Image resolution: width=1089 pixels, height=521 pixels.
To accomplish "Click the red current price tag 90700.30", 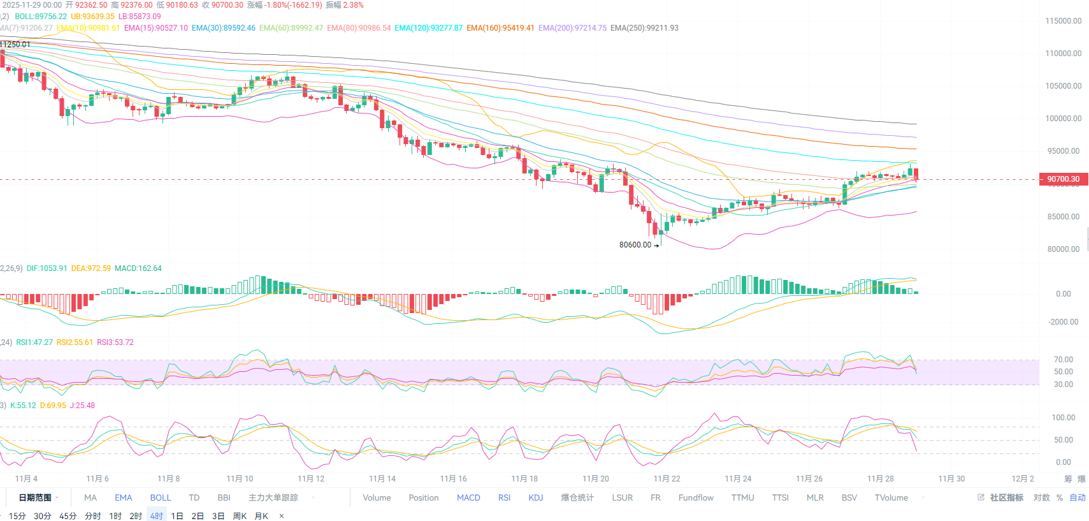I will click(1063, 179).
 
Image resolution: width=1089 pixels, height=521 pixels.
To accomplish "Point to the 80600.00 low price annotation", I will click(635, 245).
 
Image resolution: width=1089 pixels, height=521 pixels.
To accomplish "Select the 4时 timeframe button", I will click(157, 516).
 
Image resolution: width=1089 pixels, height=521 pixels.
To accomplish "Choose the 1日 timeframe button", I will click(177, 516).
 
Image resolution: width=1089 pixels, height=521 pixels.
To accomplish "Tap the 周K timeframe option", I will click(240, 516).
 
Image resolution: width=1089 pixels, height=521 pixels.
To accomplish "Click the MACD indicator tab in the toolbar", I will click(468, 497).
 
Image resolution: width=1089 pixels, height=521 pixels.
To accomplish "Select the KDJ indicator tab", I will click(535, 497).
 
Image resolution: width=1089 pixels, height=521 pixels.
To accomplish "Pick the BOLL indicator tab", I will click(161, 497).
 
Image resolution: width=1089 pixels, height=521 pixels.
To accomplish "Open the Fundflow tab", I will click(696, 497).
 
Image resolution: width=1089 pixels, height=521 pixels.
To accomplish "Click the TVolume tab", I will click(891, 497).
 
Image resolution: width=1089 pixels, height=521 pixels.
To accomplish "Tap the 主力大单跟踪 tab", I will click(273, 497).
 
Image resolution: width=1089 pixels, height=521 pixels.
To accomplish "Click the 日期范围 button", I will click(35, 497).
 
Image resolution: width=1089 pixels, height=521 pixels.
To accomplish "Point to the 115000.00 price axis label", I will click(1063, 21).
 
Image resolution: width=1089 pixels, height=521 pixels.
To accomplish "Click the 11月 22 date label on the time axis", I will click(667, 479).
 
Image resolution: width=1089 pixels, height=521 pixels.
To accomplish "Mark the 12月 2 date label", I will click(1023, 479).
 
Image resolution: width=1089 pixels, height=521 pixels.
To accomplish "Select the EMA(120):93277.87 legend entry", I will click(428, 28).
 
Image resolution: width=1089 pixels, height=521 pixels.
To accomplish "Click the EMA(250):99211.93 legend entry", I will click(644, 28).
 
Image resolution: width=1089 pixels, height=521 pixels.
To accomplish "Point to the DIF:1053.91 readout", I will click(47, 268).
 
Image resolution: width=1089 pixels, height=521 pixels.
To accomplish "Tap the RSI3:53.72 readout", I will click(115, 342).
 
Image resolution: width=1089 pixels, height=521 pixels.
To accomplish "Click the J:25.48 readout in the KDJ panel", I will click(82, 406).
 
